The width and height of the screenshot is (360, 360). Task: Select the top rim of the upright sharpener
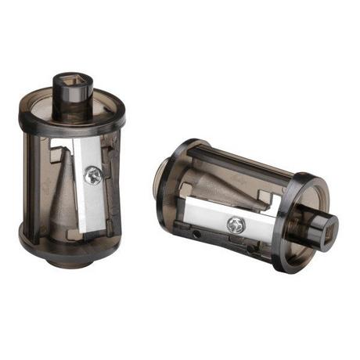(70, 117)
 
